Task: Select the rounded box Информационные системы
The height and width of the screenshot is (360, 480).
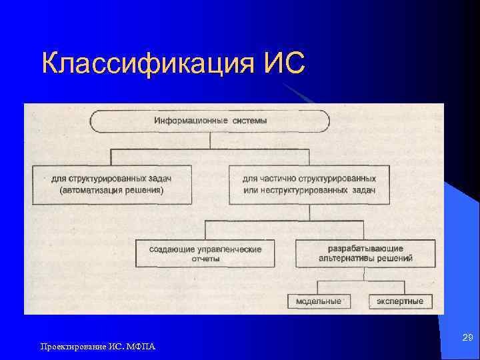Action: [x=210, y=121]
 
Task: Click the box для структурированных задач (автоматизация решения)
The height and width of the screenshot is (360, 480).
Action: [x=111, y=185]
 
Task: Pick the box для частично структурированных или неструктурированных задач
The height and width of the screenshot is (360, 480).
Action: [x=309, y=185]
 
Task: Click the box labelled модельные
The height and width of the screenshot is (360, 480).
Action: [x=319, y=301]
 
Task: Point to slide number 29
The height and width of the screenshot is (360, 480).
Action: [x=467, y=338]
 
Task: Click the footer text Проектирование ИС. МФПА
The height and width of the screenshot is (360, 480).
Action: [x=97, y=346]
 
